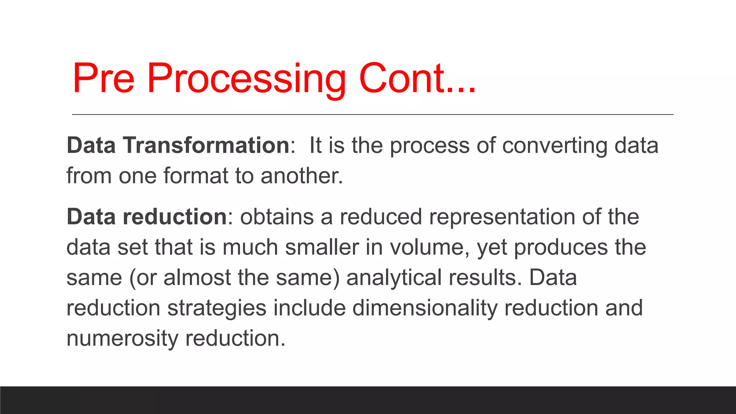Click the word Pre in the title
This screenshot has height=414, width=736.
pos(103,78)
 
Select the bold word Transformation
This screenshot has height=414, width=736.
pos(207,146)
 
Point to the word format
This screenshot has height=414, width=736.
pos(196,176)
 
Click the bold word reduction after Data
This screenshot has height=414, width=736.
pos(175,217)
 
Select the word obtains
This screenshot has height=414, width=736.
pos(277,217)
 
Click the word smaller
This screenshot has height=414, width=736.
pos(322,248)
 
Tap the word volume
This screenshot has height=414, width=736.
pos(429,248)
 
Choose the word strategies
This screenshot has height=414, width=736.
pos(217,308)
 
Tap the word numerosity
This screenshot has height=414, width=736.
pos(122,339)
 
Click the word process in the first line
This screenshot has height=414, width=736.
pos(430,146)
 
